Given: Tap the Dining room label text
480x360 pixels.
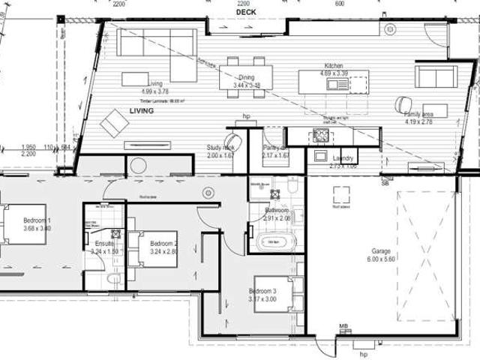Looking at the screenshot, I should [246, 77].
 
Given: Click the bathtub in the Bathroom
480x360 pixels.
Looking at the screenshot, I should [277, 242].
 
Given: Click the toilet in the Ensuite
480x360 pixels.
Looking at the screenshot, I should [113, 279].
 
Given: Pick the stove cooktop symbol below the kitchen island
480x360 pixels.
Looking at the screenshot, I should [322, 136].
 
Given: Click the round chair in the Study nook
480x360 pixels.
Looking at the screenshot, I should [234, 141].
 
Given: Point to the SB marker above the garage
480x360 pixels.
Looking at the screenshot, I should [385, 182].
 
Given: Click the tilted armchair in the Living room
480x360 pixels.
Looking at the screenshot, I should [115, 122].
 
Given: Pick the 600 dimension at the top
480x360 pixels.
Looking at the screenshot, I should [340, 4].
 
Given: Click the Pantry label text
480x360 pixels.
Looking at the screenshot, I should [273, 148].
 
